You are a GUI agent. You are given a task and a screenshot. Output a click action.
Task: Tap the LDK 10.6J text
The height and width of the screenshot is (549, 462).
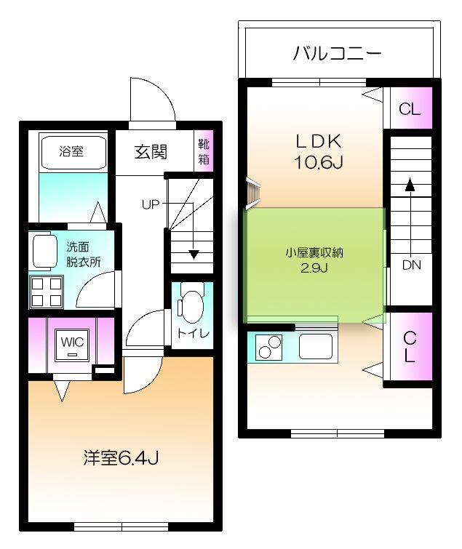[x=318, y=151]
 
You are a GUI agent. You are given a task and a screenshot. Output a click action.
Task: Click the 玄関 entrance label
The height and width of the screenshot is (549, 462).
[x=151, y=152]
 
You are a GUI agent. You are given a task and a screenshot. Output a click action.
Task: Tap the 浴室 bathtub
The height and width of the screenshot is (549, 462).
[x=71, y=153]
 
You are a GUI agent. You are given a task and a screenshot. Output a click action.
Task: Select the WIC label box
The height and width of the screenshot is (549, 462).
[x=71, y=342]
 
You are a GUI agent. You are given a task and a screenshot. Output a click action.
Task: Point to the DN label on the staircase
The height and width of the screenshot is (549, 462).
[x=411, y=265]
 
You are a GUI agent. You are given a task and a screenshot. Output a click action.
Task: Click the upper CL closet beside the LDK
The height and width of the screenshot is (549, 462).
[x=409, y=110]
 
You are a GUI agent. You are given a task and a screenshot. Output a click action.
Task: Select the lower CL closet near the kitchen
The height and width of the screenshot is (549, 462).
[x=409, y=347]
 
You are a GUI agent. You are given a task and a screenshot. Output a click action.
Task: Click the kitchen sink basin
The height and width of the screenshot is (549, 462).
[x=315, y=346]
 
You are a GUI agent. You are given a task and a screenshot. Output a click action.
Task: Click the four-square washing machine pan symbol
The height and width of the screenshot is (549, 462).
[x=46, y=292]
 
